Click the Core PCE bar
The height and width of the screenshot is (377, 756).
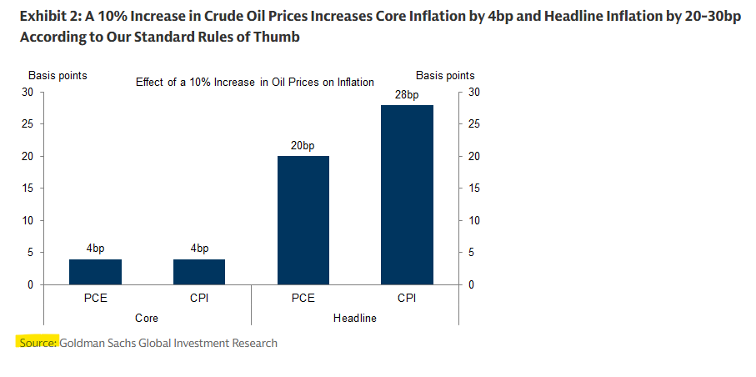95,272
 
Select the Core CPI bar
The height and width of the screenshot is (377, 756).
199,272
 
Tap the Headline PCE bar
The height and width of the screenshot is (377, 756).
303,220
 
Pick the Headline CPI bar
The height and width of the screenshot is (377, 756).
407,195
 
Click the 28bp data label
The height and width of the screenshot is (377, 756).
407,95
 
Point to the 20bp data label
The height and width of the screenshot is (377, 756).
303,146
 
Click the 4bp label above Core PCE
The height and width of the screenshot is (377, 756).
95,249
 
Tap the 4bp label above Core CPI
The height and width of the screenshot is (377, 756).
199,249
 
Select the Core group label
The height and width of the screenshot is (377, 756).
147,318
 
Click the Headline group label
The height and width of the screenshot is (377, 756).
355,318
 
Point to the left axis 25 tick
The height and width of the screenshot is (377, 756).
28,124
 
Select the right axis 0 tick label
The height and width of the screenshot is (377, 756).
473,285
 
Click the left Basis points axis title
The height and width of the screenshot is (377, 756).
58,76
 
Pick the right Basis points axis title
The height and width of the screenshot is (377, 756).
445,76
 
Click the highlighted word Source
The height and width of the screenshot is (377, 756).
38,343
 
